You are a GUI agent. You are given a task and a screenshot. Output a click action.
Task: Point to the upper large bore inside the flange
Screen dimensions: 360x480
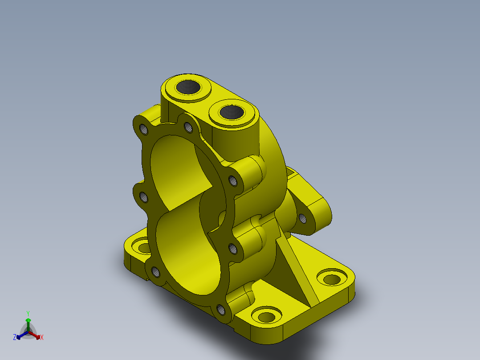[178, 169]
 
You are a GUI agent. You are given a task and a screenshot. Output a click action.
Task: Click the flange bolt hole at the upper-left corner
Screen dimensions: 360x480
[143, 130]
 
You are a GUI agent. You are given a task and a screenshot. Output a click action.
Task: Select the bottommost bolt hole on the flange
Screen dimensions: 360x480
[220, 309]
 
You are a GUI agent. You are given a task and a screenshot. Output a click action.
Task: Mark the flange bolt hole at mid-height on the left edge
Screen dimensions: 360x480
[143, 196]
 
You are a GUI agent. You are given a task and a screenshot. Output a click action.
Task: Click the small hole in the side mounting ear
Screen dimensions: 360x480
[302, 218]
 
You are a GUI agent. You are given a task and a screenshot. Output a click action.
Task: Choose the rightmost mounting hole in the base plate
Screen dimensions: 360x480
[332, 279]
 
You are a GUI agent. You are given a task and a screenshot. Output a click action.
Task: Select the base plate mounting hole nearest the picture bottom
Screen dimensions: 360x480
[266, 317]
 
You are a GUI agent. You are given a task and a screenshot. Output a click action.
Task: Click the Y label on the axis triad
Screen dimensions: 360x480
[28, 313]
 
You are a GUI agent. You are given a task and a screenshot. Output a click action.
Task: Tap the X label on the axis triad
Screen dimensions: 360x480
[42, 338]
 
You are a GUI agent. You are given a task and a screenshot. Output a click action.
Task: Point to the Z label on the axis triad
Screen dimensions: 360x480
[14, 338]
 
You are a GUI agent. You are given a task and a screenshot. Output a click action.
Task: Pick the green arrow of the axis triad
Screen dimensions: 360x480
[28, 322]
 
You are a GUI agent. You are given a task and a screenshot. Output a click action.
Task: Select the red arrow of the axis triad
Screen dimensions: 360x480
[36, 335]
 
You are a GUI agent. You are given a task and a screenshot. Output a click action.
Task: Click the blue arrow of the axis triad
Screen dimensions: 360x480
[20, 335]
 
